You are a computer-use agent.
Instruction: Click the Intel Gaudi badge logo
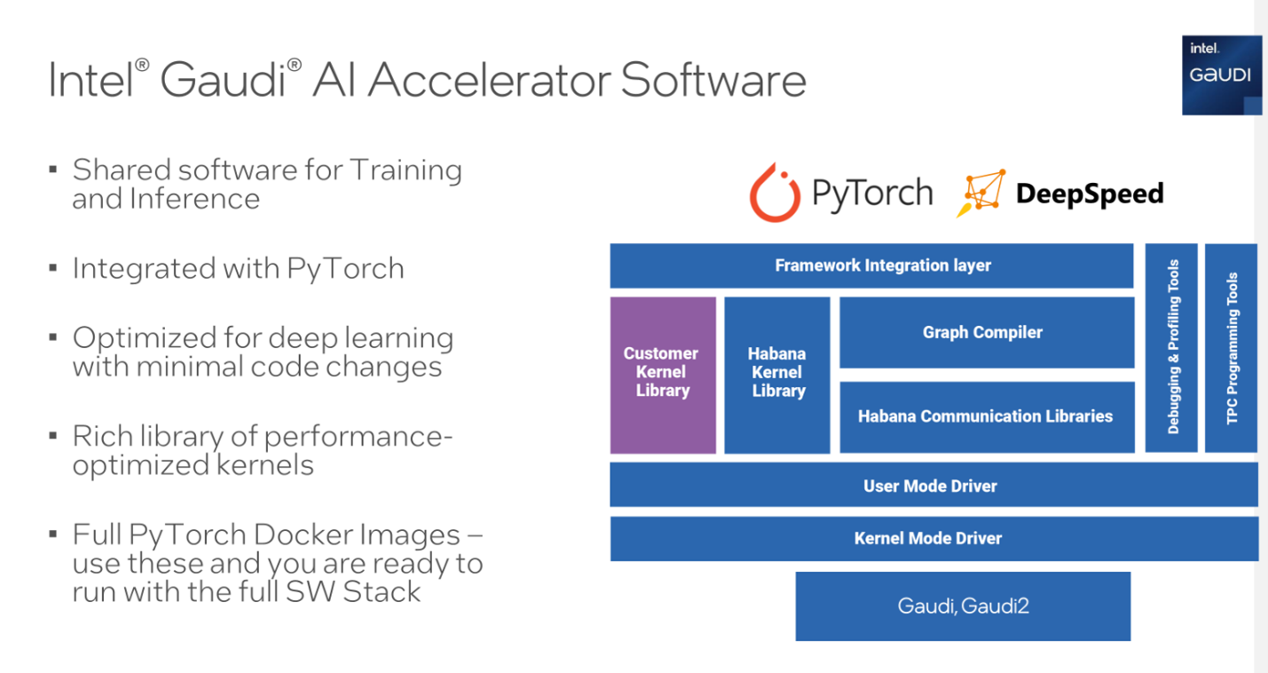tap(1221, 75)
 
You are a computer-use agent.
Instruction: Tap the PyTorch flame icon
tap(775, 193)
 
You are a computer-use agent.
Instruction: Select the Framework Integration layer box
tap(871, 265)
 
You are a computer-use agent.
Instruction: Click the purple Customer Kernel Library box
tap(662, 375)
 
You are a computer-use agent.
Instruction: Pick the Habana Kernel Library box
tap(777, 375)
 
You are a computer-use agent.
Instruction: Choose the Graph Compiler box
tap(986, 332)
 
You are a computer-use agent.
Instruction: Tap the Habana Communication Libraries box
tap(986, 416)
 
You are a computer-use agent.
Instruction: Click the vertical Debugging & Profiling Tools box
tap(1172, 347)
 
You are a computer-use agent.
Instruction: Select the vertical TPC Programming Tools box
tap(1231, 347)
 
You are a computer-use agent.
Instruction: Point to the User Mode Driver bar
tap(933, 486)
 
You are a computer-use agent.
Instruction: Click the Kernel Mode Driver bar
tap(933, 538)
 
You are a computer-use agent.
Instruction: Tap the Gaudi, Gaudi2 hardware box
tap(963, 606)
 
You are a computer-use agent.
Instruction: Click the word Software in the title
tap(713, 80)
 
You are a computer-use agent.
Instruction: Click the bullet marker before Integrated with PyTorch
tap(54, 267)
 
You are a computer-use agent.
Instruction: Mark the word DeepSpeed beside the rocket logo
tap(1089, 194)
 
